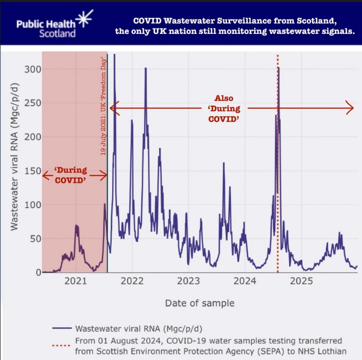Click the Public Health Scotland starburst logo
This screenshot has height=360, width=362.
click(85, 18)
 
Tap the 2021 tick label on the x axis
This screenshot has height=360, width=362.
click(76, 281)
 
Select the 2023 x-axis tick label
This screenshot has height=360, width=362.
click(188, 281)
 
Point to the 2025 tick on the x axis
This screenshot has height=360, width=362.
click(301, 281)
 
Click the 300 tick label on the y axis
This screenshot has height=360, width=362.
click(33, 69)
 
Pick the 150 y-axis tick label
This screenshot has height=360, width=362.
click(33, 171)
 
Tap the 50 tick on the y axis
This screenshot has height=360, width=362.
click(35, 239)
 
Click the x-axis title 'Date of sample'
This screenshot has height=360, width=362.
click(200, 303)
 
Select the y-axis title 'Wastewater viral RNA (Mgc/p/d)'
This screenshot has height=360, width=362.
click(14, 157)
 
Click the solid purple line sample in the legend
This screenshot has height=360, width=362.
click(62, 328)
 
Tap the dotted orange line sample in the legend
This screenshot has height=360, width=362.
click(61, 346)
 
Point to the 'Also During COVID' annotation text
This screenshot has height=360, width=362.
click(224, 109)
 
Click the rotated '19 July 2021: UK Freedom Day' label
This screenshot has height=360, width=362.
click(103, 106)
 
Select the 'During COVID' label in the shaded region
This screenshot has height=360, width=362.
click(71, 175)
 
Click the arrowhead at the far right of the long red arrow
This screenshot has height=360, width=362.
click(350, 108)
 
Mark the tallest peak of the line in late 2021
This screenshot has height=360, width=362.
click(115, 54)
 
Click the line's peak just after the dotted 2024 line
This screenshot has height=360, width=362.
click(279, 68)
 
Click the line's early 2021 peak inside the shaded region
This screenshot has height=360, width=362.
click(76, 225)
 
